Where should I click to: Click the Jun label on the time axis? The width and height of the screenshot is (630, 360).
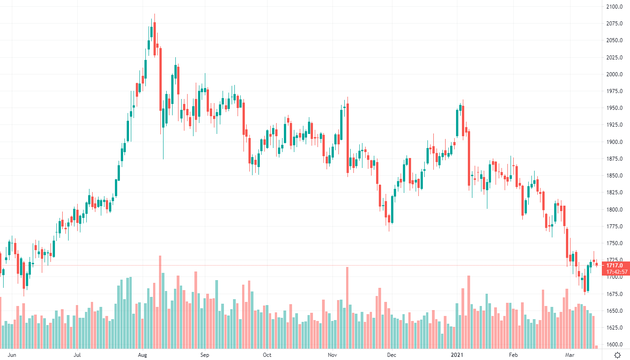pos(12,355)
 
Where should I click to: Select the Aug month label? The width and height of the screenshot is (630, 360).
pos(143,355)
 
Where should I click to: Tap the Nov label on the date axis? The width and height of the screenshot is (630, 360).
pos(332,355)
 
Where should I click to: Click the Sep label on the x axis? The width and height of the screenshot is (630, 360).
pos(204,355)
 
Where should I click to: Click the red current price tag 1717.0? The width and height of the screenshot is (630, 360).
pos(615,265)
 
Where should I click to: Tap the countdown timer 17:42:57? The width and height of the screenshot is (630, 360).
pos(615,272)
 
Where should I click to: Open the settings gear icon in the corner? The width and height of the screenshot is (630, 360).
pos(617,355)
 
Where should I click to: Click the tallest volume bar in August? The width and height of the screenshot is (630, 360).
pos(160,302)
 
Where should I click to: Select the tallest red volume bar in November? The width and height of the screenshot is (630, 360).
pos(347,307)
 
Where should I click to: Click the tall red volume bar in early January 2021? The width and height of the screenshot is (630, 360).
pos(468,311)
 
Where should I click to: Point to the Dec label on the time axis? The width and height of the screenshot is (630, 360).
pos(391,355)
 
